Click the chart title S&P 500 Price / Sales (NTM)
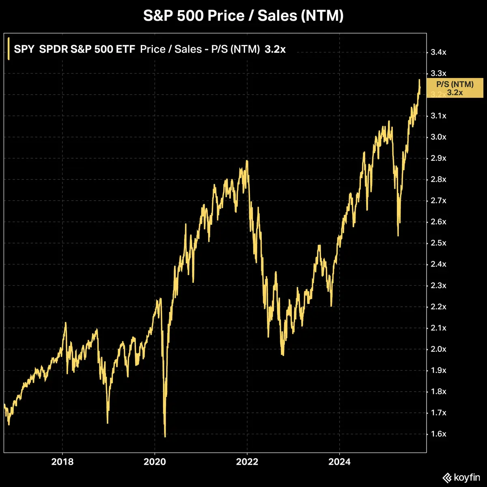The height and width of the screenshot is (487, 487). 243,16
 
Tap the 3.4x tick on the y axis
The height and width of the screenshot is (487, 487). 438,52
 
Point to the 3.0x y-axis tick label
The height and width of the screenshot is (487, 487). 438,137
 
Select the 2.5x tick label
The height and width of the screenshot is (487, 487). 438,243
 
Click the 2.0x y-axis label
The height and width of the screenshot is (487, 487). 438,349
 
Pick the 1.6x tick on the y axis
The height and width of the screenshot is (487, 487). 438,434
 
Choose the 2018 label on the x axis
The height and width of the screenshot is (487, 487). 62,462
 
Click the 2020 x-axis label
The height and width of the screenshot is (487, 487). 155,462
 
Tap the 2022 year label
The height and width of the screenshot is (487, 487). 247,462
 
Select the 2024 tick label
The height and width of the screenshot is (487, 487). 339,462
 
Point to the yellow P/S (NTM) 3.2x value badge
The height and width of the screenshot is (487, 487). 455,88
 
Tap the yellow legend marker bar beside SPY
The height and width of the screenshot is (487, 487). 9,49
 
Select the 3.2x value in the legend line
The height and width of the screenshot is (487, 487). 275,50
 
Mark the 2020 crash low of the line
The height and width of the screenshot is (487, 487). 165,437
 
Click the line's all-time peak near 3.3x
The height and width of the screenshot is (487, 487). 419,80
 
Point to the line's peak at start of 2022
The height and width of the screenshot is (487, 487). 247,161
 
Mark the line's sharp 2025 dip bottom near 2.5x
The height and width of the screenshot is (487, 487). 398,235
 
